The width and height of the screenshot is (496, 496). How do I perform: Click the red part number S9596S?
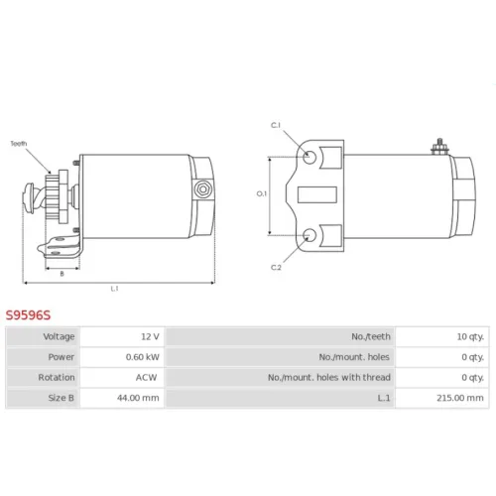(x=28, y=315)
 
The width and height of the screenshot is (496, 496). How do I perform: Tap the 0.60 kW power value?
(x=143, y=357)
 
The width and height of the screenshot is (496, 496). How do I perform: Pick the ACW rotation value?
(x=146, y=377)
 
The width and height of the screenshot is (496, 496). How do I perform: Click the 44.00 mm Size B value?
(x=138, y=398)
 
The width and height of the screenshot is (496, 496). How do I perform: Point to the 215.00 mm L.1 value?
(x=460, y=398)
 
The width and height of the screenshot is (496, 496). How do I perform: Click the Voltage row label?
(x=59, y=336)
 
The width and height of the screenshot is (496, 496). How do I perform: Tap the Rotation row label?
(x=57, y=377)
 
